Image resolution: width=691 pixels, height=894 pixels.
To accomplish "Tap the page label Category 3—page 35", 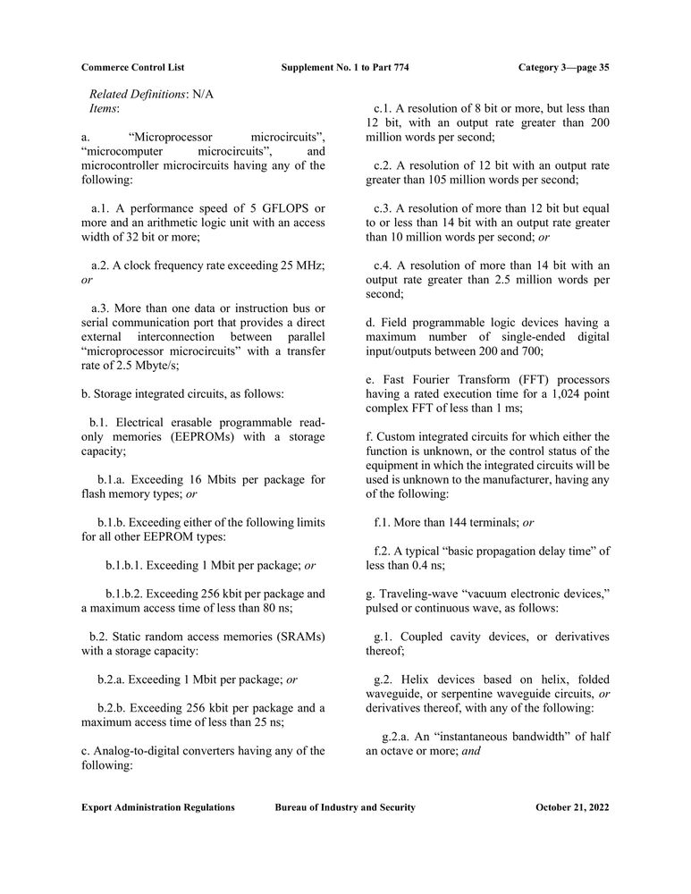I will point(563,67).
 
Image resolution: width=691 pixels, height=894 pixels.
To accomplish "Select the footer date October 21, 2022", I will point(572,807).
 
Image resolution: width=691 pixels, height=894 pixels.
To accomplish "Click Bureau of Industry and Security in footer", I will point(345,807).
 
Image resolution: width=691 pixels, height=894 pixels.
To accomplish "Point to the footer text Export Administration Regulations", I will point(158,807).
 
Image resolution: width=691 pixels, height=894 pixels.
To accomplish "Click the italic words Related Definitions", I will point(138,93).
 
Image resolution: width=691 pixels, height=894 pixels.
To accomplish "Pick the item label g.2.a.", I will point(398,737).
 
